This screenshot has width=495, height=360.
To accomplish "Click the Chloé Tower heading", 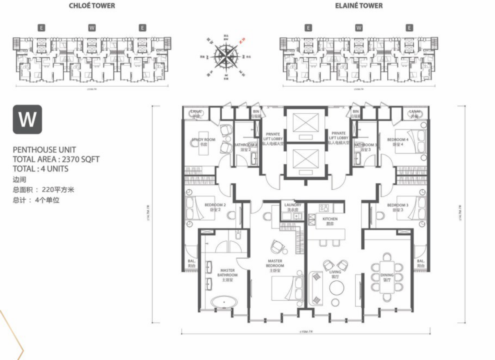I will click(x=92, y=6).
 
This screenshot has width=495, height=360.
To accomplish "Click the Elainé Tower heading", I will click(x=359, y=6).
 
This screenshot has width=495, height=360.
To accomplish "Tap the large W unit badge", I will click(x=27, y=119).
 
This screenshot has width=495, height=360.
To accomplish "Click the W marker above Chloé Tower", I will click(x=92, y=28).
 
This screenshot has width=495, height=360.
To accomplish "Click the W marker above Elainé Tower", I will click(x=359, y=28).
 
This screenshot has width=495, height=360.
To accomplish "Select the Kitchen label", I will click(x=330, y=221).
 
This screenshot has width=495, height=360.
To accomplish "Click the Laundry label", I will click(x=293, y=207).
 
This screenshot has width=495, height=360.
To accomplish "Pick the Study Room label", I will click(x=204, y=142).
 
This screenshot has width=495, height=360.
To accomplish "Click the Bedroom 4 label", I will click(x=398, y=142).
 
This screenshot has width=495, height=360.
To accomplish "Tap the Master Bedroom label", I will click(x=275, y=263).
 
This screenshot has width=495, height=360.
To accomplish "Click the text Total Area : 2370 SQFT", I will click(x=56, y=159).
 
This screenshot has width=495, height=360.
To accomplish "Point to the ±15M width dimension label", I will click(x=306, y=331).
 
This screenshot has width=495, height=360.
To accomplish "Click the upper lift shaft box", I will click(x=305, y=124).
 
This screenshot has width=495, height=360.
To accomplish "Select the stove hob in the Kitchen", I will click(x=324, y=208).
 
